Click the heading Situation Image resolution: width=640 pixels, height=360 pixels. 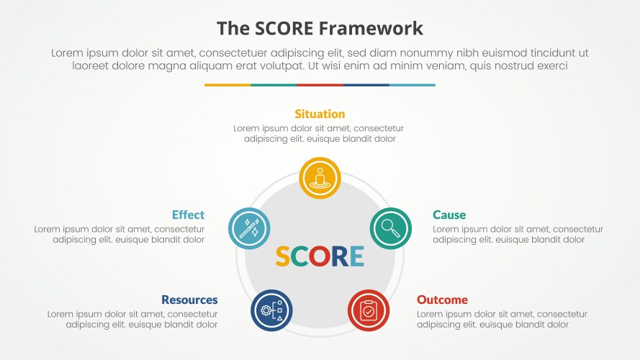point(320,114)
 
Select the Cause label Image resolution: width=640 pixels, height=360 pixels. point(449,215)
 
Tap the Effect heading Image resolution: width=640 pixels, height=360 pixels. point(188,215)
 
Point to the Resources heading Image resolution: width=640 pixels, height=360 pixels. point(189,300)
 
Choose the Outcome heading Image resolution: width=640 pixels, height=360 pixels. point(442,300)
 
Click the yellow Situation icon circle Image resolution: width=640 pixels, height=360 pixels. point(320,178)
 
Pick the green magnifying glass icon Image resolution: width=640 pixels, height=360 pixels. point(390,228)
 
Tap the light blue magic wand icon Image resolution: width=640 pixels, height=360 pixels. point(249,228)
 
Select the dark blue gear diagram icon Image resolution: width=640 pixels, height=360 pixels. point(271,310)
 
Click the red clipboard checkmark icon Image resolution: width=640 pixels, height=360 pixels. point(369,310)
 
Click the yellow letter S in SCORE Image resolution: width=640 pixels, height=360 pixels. point(284,256)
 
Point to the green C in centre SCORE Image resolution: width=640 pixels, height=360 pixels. point(301,256)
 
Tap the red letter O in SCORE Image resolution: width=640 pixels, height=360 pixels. point(320,256)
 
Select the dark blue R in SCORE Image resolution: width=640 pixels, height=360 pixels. point(339,256)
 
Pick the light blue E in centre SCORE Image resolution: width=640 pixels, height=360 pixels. point(356,256)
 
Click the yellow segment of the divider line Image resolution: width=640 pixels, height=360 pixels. point(227,85)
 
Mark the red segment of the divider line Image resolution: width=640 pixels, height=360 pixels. point(320,85)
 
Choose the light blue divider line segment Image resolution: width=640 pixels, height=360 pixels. point(412,85)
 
